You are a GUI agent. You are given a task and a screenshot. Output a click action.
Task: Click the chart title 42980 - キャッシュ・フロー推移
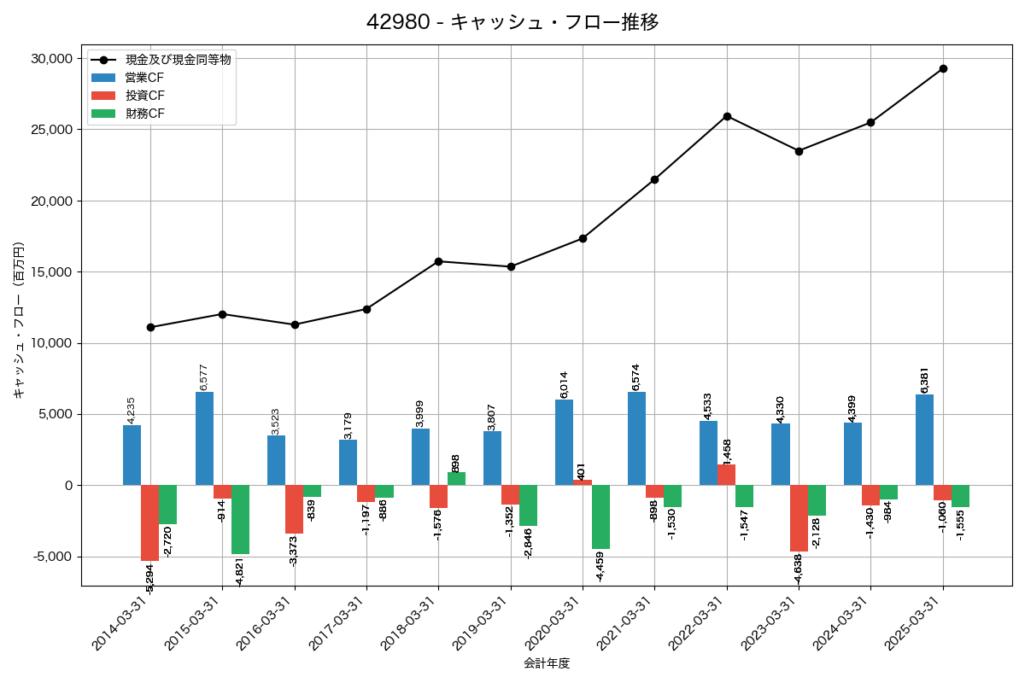[512, 22]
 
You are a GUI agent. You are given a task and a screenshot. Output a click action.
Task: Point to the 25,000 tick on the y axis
[51, 130]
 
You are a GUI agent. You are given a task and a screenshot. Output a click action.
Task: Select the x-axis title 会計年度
[547, 663]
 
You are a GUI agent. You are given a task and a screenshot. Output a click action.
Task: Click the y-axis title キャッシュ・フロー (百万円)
[19, 321]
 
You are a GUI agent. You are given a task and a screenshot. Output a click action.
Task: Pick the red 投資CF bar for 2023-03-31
[799, 518]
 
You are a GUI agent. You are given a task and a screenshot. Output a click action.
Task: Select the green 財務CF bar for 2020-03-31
[600, 517]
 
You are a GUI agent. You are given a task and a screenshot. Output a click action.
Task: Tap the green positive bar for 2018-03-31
[456, 479]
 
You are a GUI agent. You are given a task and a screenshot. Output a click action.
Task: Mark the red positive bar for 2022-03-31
[726, 475]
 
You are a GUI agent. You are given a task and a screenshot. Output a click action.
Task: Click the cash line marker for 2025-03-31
[943, 68]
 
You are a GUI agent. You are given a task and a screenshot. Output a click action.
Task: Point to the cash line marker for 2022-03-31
[727, 116]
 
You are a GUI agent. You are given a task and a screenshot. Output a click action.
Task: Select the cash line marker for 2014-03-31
[150, 327]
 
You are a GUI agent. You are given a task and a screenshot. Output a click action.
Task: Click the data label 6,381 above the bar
[925, 381]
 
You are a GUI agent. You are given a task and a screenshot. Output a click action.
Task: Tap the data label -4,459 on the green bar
[600, 567]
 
